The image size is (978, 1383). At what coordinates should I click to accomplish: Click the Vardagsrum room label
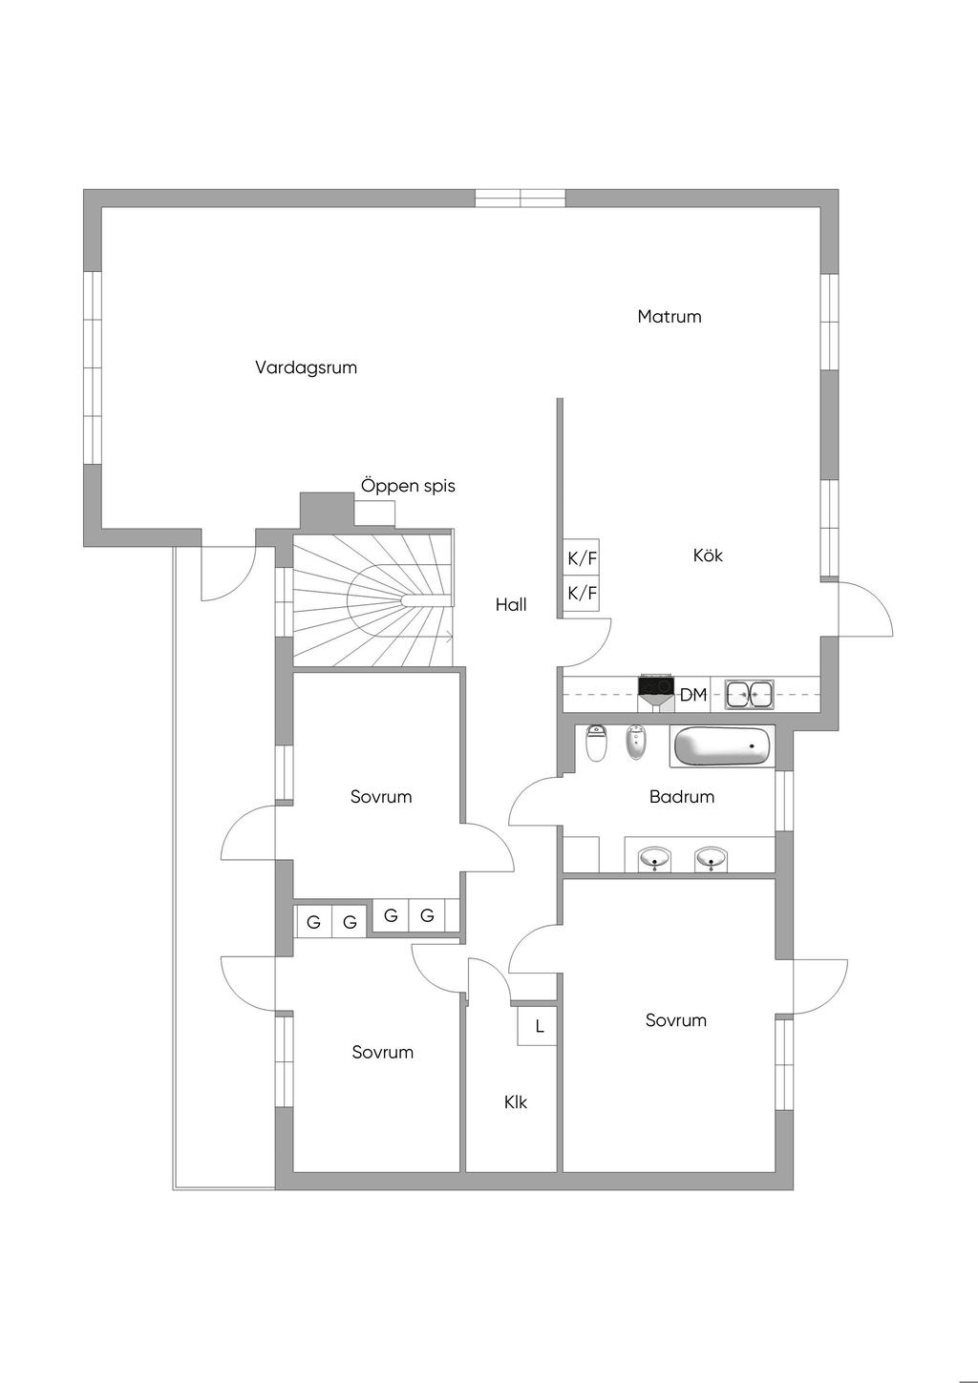click(306, 368)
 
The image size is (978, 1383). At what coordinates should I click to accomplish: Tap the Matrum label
click(670, 317)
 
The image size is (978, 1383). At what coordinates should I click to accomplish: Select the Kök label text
click(708, 555)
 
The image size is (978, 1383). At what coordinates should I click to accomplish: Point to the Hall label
click(511, 604)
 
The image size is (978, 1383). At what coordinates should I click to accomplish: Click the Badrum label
click(682, 796)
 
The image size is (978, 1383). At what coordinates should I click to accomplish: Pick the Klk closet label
click(515, 1102)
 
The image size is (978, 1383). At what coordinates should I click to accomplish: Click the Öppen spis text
click(408, 486)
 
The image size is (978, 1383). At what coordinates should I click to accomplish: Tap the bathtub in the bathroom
click(722, 746)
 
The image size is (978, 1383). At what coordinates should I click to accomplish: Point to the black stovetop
click(655, 685)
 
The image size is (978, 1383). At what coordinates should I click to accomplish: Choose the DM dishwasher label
click(693, 695)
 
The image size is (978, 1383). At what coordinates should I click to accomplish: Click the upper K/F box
click(582, 558)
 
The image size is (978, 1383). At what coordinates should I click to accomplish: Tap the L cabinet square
click(538, 1026)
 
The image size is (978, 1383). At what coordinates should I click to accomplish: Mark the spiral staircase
click(372, 597)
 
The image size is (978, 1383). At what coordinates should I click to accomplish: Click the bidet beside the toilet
click(635, 743)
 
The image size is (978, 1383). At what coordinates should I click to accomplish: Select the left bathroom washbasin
click(654, 859)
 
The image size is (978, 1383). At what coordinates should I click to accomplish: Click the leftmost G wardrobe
click(314, 922)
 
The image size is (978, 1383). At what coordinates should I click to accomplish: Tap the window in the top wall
click(521, 198)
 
